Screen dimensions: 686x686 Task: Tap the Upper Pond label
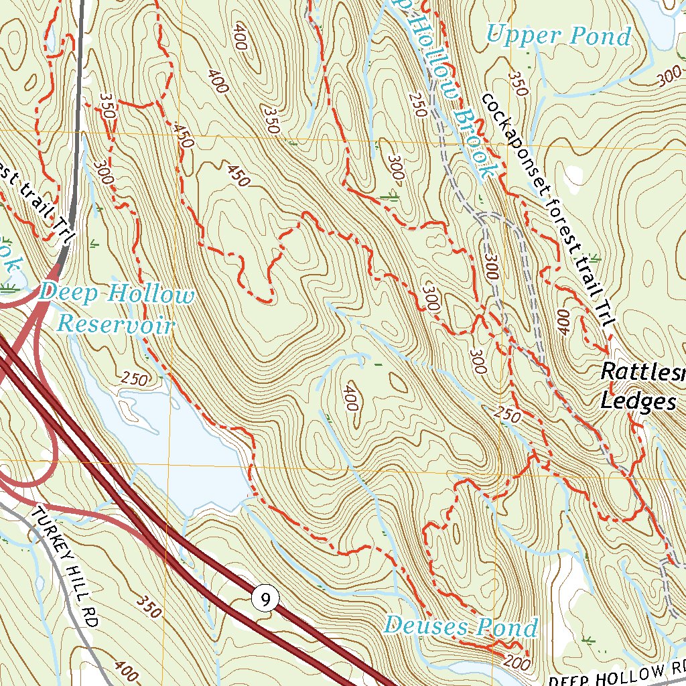click(x=559, y=36)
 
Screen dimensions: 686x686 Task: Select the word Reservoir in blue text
click(x=115, y=325)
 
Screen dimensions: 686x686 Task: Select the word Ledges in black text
click(x=637, y=401)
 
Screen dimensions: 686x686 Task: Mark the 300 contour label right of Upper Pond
click(x=669, y=78)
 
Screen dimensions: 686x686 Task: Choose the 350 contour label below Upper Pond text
click(x=515, y=83)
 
